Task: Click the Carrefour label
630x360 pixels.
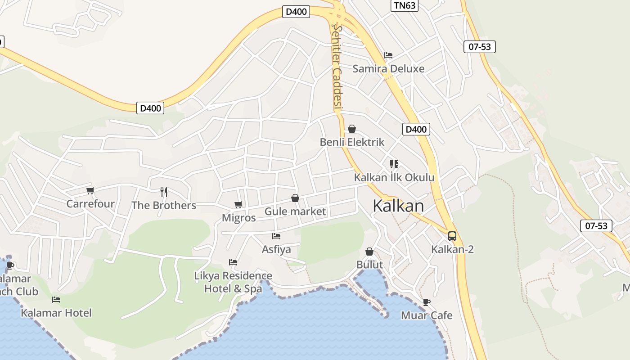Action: point(90,204)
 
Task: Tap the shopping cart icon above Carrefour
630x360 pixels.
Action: point(90,190)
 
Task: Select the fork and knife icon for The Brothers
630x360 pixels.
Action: point(164,192)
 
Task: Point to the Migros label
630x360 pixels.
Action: point(238,218)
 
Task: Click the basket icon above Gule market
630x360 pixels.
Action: point(295,198)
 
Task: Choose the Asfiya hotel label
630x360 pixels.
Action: point(276,249)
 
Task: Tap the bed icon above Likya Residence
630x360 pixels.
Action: point(233,262)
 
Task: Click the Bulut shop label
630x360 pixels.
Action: point(369,265)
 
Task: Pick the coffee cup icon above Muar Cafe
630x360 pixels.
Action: point(426,302)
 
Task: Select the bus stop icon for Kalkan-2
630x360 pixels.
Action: point(452,236)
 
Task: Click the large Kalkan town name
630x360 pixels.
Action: point(398,206)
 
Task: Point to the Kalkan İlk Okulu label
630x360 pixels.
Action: point(394,177)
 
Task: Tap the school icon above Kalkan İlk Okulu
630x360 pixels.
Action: point(394,164)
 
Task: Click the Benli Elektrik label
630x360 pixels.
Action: point(352,142)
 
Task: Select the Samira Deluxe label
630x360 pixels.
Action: point(388,69)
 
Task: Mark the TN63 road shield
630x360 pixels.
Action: point(404,5)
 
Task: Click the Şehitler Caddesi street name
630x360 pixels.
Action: point(337,67)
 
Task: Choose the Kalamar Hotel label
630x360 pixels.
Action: point(56,313)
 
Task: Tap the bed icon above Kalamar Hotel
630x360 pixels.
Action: point(56,299)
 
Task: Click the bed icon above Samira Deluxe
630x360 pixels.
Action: point(388,55)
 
